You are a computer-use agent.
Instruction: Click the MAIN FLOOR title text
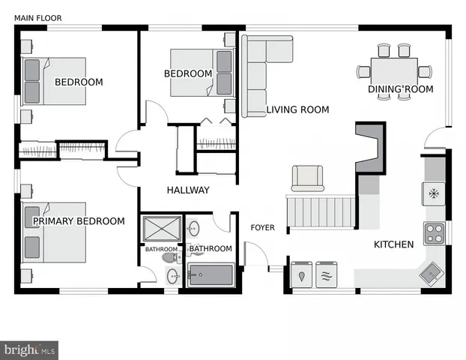click(x=38, y=17)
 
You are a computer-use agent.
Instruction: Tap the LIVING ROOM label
click(x=297, y=109)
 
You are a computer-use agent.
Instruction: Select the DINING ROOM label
click(x=400, y=89)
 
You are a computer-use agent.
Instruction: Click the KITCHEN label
click(x=393, y=244)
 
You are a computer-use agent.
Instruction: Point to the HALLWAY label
click(x=188, y=190)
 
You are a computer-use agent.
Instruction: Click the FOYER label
click(x=262, y=227)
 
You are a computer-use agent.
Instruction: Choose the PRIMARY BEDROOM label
click(x=78, y=221)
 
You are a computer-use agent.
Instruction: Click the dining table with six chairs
click(x=394, y=71)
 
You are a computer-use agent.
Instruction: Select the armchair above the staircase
click(x=307, y=178)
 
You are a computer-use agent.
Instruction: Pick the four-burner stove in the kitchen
click(x=435, y=233)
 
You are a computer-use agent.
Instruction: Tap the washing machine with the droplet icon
click(x=302, y=275)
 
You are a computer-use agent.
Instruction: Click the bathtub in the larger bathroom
click(x=212, y=274)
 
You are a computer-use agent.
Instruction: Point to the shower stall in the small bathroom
click(x=161, y=228)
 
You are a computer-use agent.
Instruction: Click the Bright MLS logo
click(x=30, y=349)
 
